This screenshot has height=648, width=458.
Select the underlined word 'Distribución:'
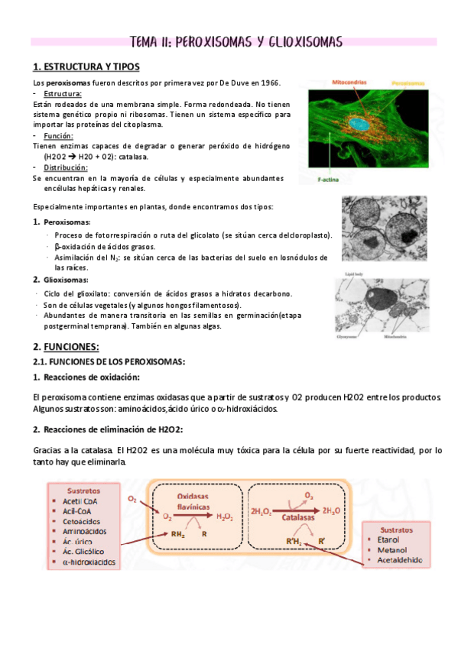pyautogui.click(x=66, y=167)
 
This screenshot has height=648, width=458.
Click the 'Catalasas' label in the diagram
pyautogui.click(x=294, y=517)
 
